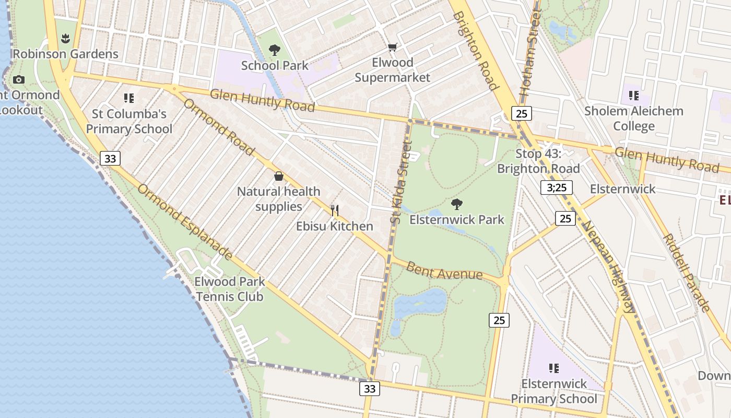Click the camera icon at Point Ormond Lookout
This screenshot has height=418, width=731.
pos(19,80)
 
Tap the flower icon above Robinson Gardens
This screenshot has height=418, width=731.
pos(65,38)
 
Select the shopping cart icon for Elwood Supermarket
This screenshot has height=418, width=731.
pos(392,48)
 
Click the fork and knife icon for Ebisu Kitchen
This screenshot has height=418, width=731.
pos(335,211)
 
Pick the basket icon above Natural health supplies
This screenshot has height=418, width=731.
pos(279,176)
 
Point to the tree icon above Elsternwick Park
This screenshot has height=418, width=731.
pos(457,204)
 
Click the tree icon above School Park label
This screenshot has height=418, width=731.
pos(275,50)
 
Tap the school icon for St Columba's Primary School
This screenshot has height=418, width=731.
pos(129,98)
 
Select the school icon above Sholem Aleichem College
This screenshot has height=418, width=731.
pos(634,96)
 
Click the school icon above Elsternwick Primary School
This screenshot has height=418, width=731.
pos(554,368)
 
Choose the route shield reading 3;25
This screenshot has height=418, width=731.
pos(557,188)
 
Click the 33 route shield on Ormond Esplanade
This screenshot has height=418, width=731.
pos(110,158)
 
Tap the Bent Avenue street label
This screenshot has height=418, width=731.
pos(444,271)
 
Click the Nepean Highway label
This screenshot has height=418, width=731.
pos(609,266)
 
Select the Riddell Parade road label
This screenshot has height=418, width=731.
pos(686,272)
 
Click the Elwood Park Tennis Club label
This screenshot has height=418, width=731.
pos(230,289)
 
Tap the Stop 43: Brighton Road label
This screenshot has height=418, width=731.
pos(538,161)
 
